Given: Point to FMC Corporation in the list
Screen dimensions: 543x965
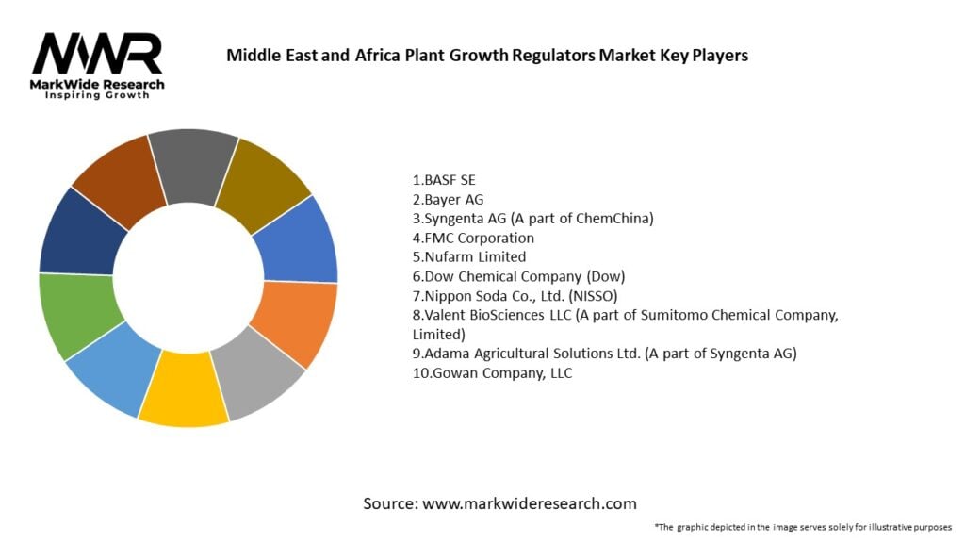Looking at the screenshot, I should click(473, 238).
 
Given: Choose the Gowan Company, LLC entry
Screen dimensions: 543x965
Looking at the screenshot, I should click(492, 373).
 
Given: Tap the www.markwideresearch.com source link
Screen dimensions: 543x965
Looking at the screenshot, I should click(529, 503).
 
